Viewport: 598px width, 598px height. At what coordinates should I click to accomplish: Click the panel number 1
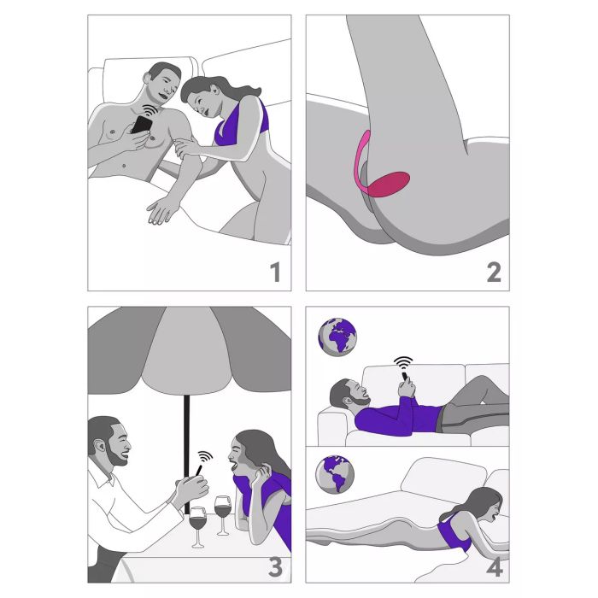coord(275,272)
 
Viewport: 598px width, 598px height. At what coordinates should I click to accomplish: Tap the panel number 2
coord(494,272)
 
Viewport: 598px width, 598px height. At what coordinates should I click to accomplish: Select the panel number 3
coord(275,567)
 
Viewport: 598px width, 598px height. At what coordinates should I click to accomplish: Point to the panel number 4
coord(495,567)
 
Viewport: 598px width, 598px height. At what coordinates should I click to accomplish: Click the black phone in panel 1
coord(142,125)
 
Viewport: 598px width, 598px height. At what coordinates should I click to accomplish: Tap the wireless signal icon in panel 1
coord(150,110)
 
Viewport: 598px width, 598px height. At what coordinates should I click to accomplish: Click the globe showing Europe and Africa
coord(337,337)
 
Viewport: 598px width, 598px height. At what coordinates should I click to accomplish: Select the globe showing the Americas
coord(335,474)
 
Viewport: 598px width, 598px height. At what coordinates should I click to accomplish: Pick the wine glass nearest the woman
coord(223,515)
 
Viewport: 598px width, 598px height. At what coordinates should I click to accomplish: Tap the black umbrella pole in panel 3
coord(186,454)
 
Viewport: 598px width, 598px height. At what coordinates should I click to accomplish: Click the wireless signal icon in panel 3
coord(205,457)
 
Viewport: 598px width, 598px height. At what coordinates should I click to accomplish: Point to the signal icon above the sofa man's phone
coord(403,363)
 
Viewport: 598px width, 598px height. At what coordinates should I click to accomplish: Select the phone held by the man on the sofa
coord(405,377)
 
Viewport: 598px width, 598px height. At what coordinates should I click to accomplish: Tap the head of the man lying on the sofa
coord(349,394)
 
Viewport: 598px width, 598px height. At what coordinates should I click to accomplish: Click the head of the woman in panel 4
coord(488,503)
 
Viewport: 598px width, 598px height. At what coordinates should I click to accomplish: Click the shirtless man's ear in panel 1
coord(148,78)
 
